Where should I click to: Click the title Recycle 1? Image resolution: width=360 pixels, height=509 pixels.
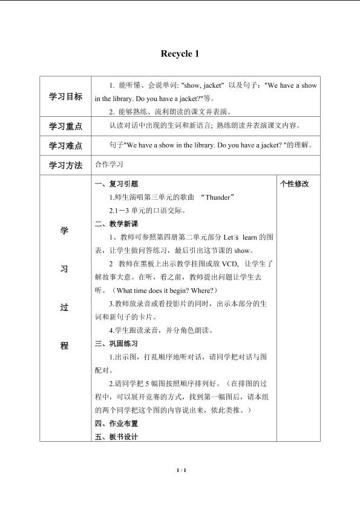tap(180, 54)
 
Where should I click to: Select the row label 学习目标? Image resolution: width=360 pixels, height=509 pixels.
tap(65, 97)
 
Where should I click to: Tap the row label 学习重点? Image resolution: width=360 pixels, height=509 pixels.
tap(65, 127)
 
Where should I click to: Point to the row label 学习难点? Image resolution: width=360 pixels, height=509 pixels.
tap(65, 146)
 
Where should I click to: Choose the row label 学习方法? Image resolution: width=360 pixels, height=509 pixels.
tap(65, 165)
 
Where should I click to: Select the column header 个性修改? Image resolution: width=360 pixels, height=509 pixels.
tap(295, 184)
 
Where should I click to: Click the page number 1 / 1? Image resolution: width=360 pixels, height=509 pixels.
tap(180, 470)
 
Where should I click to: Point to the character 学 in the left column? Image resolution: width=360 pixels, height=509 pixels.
tap(65, 231)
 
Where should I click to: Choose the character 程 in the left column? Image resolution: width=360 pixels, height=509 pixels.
tap(65, 346)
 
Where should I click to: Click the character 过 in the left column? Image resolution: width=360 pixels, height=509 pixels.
tap(65, 307)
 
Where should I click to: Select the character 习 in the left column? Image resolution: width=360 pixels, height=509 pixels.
tap(65, 269)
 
